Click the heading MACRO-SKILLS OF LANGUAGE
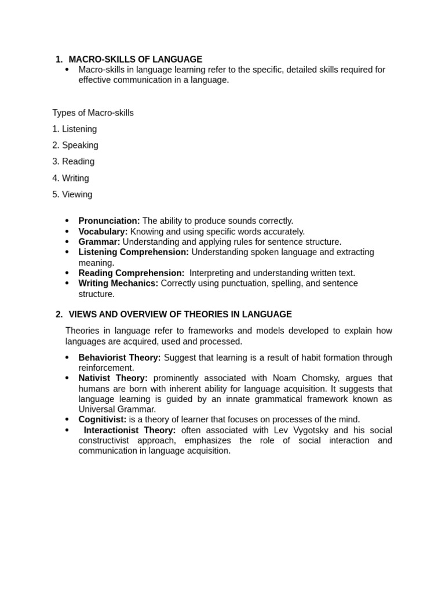pos(135,59)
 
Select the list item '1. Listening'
pos(74,129)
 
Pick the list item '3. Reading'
pos(73,161)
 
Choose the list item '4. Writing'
pos(70,178)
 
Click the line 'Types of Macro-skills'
pos(93,113)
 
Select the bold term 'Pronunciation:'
pos(109,221)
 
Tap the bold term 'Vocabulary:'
pos(103,231)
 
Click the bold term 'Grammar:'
pos(99,242)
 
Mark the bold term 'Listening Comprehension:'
pos(133,252)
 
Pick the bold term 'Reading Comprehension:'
pos(131,273)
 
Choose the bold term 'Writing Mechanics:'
pos(118,284)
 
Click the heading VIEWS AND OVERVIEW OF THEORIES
pos(180,314)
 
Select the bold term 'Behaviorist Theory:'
pos(119,358)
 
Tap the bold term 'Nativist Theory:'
pos(113,378)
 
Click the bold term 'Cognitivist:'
pos(102,419)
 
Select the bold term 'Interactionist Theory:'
pos(130,430)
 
